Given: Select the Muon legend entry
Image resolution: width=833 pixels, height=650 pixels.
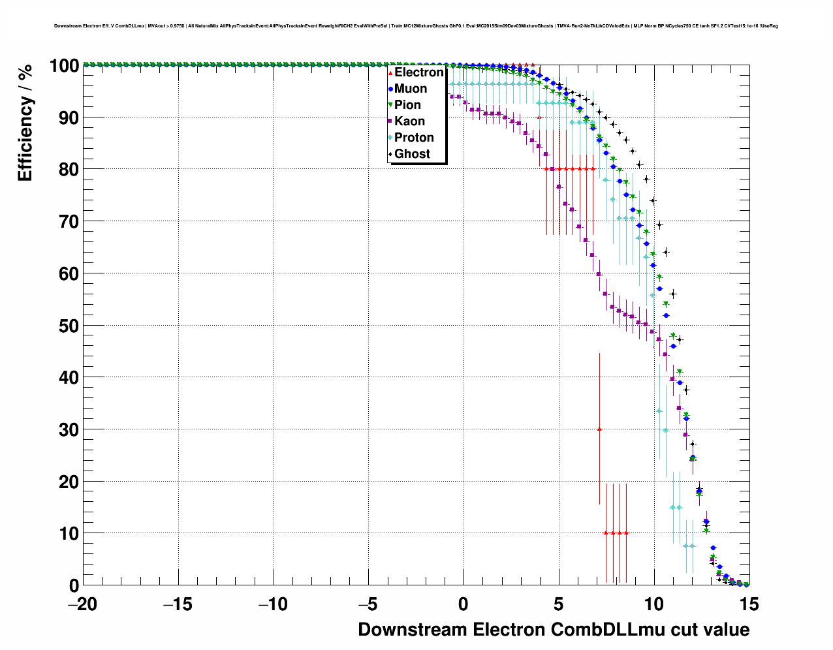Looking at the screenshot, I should coord(410,89).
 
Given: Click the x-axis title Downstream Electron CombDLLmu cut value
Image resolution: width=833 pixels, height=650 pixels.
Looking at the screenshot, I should coord(554,630).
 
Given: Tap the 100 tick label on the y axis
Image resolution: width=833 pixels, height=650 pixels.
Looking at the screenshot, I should coord(63,65).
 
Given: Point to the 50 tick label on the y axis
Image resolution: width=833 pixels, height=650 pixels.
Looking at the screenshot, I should coord(68,326).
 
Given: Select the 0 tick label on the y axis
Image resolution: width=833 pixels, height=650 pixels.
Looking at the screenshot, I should coord(74,585).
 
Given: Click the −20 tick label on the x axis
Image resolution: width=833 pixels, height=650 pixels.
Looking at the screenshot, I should coord(82,605).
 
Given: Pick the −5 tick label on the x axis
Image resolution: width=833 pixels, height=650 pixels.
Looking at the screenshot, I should coord(368,605).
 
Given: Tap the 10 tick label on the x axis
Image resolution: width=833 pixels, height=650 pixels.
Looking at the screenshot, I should coord(653,605).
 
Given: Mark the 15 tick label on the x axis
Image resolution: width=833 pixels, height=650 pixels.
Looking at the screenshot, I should coord(749,605).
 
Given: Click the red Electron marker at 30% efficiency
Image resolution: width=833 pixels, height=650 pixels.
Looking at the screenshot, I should coord(599,429).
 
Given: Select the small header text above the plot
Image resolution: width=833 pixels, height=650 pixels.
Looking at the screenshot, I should coord(416,26).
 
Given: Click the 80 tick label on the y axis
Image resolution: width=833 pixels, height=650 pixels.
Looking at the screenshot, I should coord(68,169).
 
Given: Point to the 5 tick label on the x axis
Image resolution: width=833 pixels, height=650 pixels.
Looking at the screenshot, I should coord(559,605).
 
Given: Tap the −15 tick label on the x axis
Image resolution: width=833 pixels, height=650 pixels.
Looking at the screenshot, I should coord(178,605).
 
